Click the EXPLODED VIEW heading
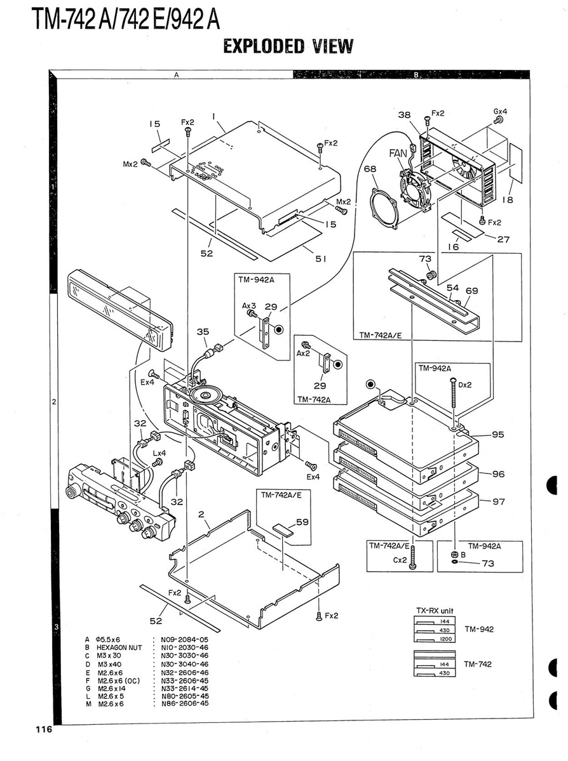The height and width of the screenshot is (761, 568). (288, 46)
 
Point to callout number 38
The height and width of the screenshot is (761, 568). (405, 116)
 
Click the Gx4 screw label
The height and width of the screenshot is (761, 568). (500, 111)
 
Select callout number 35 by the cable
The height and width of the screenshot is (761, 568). (203, 331)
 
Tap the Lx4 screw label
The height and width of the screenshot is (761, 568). (159, 454)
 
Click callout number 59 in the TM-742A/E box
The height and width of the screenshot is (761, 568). (302, 522)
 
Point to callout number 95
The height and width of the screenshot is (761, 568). (498, 435)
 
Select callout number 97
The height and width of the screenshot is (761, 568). (499, 501)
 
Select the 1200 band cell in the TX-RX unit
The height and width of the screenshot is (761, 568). (446, 639)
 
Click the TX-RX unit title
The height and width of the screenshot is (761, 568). (435, 611)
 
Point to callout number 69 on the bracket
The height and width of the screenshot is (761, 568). (471, 290)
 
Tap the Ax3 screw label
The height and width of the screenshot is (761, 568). (248, 305)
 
